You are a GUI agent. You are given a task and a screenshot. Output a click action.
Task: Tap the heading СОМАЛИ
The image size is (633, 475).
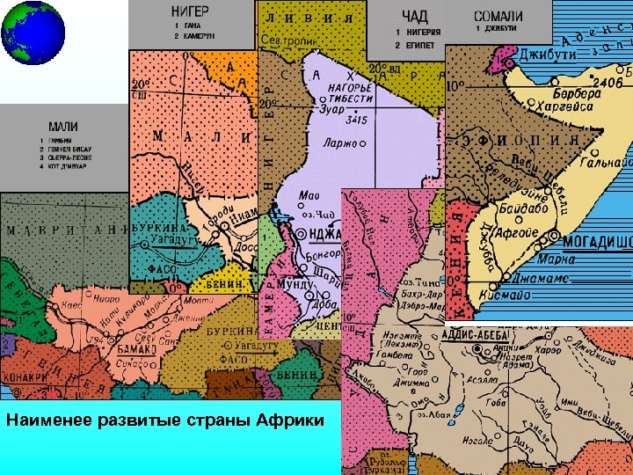pyautogui.click(x=498, y=15)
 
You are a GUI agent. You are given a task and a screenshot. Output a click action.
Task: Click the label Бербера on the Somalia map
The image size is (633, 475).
pyautogui.click(x=580, y=93)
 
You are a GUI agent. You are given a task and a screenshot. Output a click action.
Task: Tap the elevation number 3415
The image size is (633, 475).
pyautogui.click(x=355, y=119)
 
